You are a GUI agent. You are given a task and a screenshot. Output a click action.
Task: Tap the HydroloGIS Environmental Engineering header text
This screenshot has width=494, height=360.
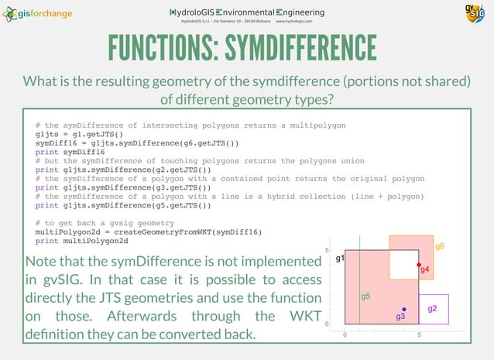(x=247, y=12)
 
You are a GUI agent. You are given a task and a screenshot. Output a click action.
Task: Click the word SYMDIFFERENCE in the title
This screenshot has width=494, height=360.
(x=300, y=49)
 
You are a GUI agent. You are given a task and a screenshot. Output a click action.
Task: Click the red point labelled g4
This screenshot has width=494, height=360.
(x=419, y=265)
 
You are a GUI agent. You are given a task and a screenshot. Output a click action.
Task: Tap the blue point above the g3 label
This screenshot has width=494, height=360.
(x=404, y=310)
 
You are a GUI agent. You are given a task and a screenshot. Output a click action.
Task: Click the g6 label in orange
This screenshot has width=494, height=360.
(x=439, y=246)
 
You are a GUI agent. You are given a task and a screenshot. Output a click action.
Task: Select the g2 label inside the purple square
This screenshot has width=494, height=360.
(x=432, y=309)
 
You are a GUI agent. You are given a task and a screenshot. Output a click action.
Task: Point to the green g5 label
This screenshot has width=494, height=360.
(x=365, y=297)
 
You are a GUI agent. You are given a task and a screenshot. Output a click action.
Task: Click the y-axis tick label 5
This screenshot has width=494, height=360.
(x=328, y=251)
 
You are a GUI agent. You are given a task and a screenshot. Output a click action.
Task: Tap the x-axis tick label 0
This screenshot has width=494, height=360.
(x=345, y=335)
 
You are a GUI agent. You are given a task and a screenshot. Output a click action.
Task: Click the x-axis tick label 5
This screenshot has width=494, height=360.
(x=419, y=335)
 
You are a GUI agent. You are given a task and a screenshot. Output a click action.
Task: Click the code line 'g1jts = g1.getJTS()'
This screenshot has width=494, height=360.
(x=80, y=134)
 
